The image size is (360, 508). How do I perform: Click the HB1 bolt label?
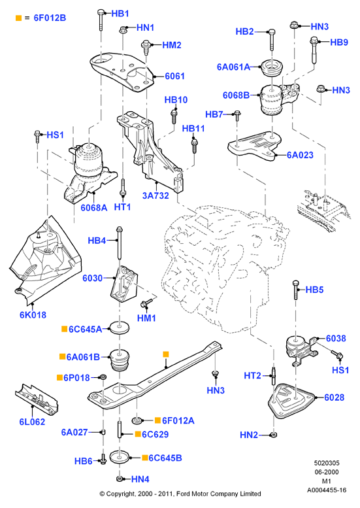click(x=120, y=14)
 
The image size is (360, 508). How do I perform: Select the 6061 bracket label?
click(x=174, y=76)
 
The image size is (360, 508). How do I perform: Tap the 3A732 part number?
click(x=155, y=195)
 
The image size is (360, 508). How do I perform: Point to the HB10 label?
click(x=176, y=99)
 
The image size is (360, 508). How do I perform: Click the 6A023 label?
click(x=300, y=155)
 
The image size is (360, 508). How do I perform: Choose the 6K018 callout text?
click(x=33, y=314)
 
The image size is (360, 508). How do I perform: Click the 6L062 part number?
click(x=32, y=422)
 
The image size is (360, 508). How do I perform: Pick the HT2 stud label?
click(x=252, y=375)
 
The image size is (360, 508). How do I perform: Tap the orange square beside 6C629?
click(x=138, y=434)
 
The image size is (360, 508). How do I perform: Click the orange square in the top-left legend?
click(x=18, y=18)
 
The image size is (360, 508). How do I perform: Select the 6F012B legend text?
click(x=50, y=18)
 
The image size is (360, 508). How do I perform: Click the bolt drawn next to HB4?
click(x=119, y=243)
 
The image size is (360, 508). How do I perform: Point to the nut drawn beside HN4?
click(x=119, y=478)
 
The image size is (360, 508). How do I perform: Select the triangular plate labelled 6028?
click(x=289, y=401)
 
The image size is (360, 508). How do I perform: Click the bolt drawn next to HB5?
click(x=295, y=290)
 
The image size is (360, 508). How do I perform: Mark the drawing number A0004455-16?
click(x=326, y=490)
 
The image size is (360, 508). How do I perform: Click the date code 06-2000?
click(x=326, y=472)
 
